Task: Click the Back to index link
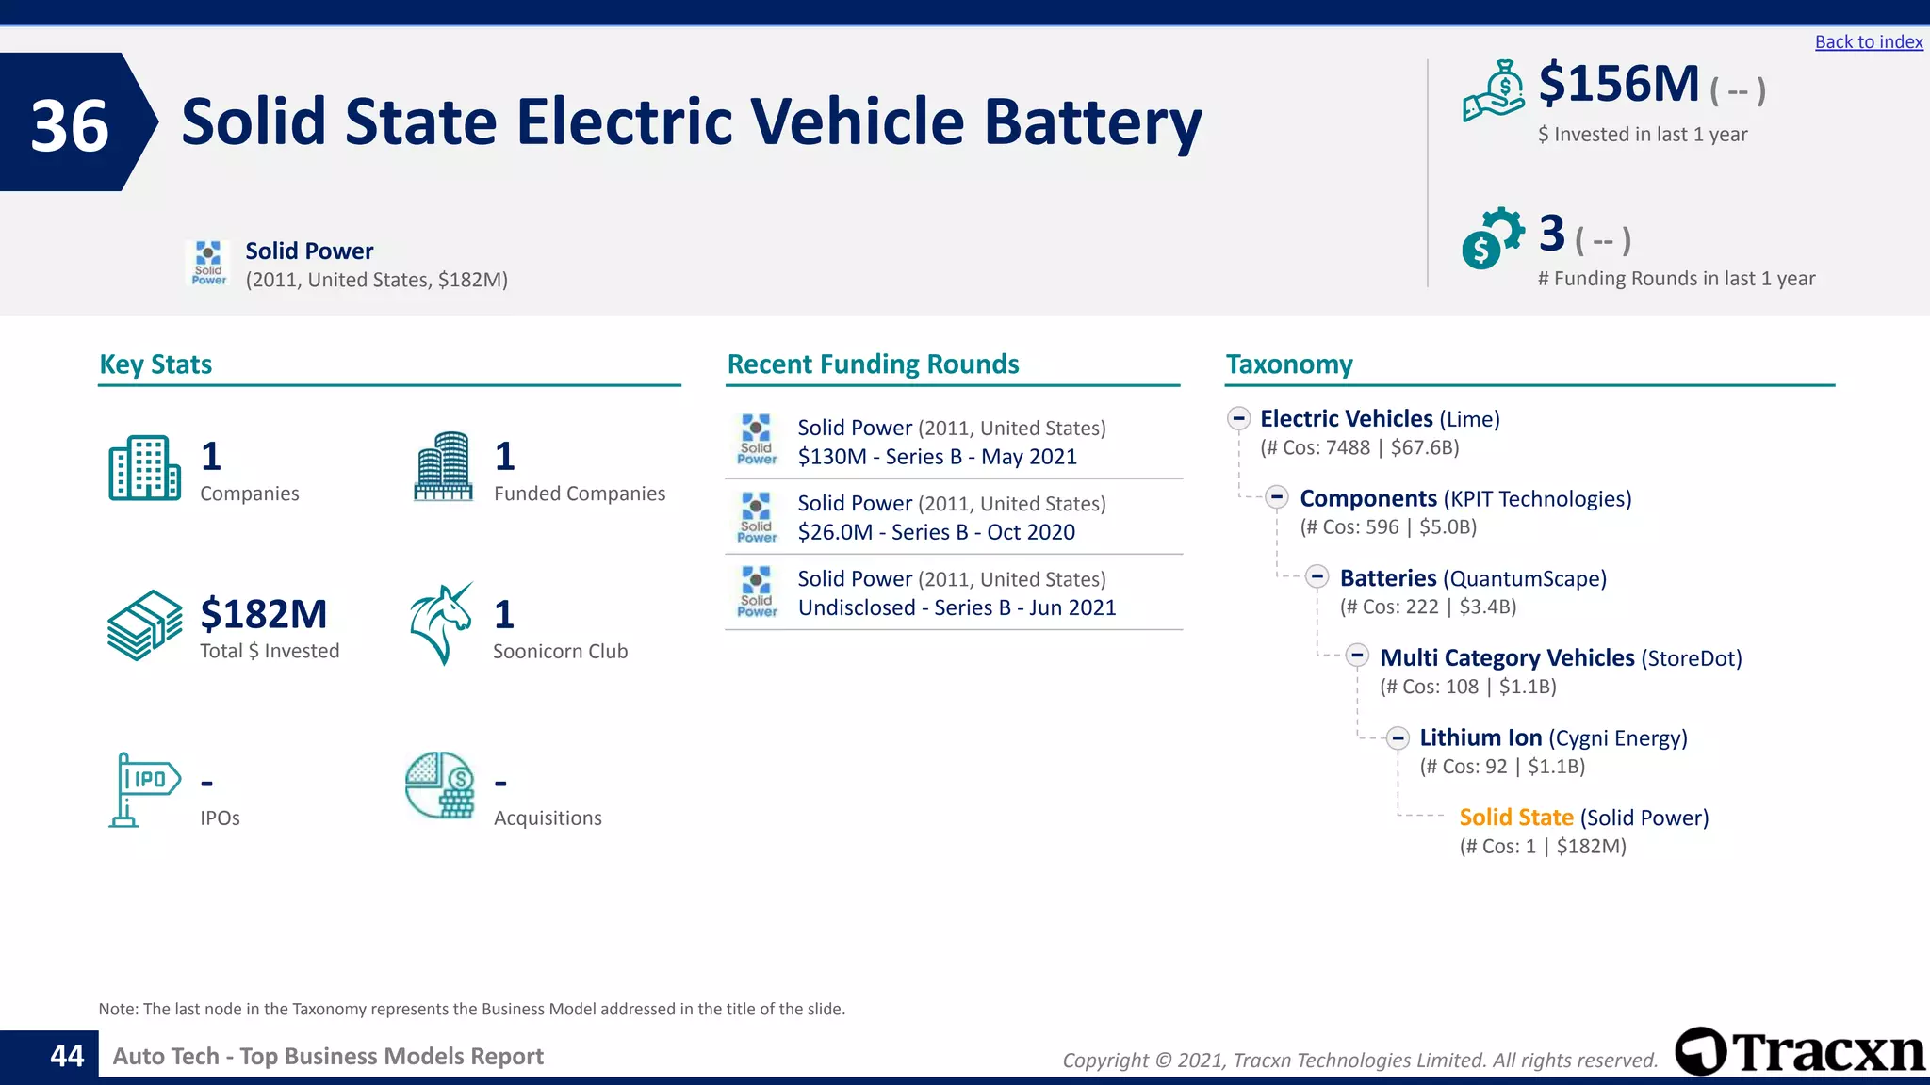pos(1868,42)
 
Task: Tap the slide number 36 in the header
pos(70,125)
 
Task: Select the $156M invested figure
pos(1618,84)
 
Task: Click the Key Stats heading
pos(155,364)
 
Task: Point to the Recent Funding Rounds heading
pos(873,364)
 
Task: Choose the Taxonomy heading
pos(1288,364)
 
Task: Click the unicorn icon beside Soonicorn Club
pos(440,623)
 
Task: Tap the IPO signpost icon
pos(142,789)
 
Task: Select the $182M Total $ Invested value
pos(263,614)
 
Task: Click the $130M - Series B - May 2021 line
pos(937,457)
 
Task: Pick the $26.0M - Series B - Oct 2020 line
pos(936,532)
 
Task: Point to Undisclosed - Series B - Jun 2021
pos(957,607)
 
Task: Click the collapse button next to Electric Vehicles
pos(1238,418)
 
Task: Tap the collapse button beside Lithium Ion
pos(1398,737)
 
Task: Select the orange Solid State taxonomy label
pos(1515,818)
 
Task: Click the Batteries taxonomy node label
pos(1387,578)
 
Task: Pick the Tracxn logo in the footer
pos(1800,1051)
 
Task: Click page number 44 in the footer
pos(67,1056)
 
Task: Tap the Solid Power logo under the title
pos(208,263)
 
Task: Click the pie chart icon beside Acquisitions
pos(439,785)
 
